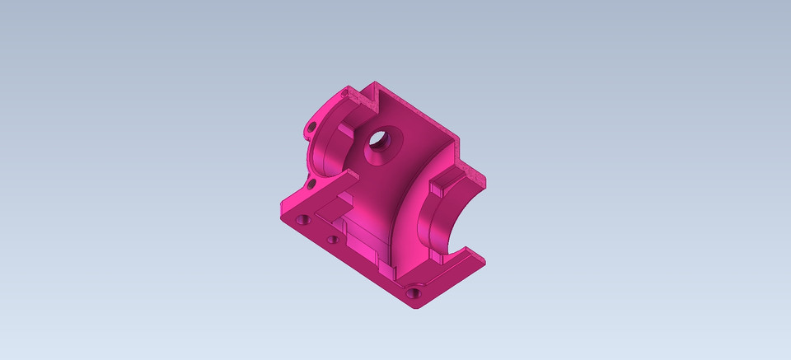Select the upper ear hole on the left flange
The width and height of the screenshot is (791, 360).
tap(311, 127)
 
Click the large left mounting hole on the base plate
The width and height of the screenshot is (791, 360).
tap(303, 220)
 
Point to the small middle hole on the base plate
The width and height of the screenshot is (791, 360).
tap(332, 240)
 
